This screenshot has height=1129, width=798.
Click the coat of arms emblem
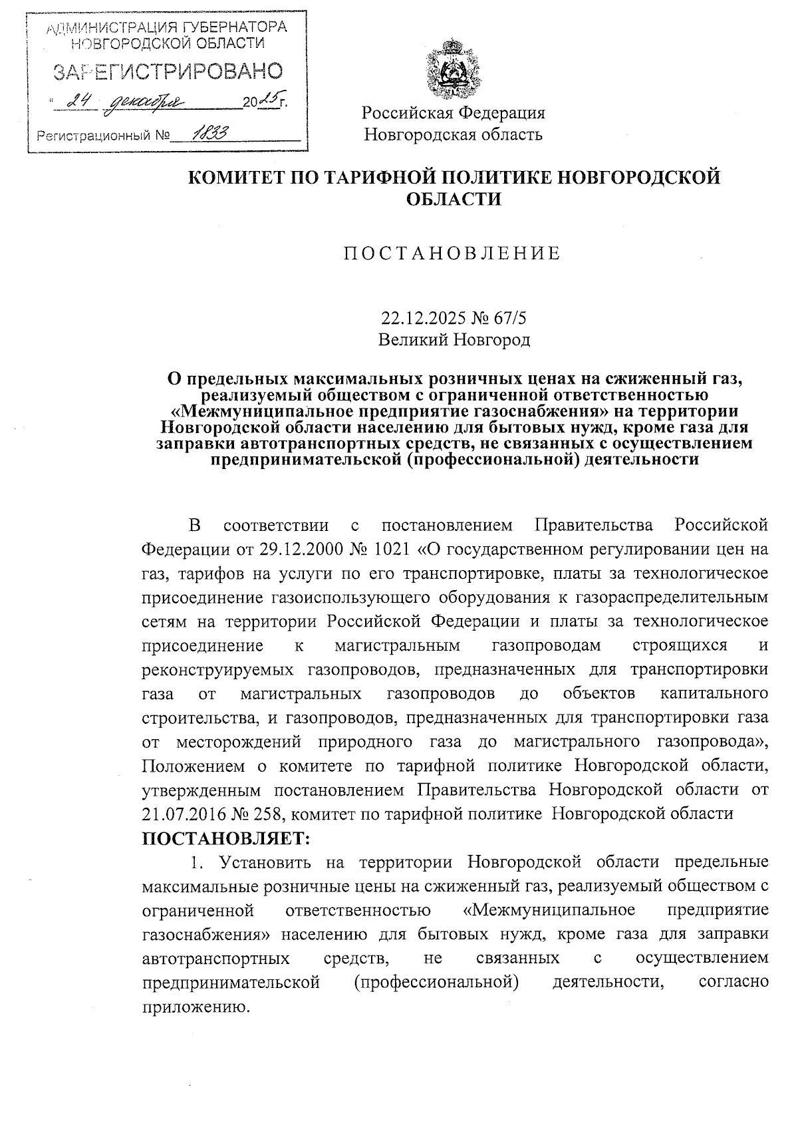tap(453, 69)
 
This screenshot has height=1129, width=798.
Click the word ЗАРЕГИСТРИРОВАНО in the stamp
tap(168, 71)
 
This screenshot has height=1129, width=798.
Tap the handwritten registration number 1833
tap(207, 134)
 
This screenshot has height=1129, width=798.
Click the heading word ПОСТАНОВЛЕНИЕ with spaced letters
tap(452, 253)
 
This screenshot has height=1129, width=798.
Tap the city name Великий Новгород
tap(454, 341)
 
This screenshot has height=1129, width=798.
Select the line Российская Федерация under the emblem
tap(454, 112)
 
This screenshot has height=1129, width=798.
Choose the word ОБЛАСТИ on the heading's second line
tap(454, 199)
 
